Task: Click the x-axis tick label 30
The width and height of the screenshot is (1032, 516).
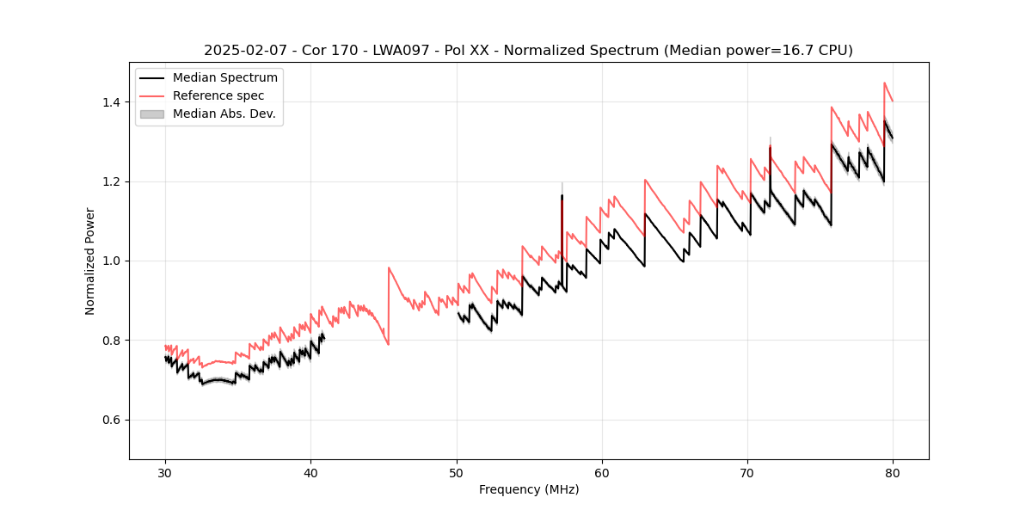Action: (x=165, y=473)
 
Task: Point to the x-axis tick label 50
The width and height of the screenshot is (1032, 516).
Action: (x=457, y=473)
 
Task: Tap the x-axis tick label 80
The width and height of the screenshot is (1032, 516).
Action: (x=893, y=473)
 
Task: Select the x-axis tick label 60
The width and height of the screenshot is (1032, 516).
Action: (x=602, y=473)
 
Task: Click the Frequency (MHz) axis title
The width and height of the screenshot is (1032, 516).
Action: (x=529, y=489)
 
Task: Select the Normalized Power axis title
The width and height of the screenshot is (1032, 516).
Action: (x=89, y=261)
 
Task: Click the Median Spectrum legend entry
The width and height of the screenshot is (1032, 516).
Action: (x=224, y=78)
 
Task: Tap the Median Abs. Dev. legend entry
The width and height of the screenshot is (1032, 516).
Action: (x=224, y=114)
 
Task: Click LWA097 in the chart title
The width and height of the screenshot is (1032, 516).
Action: (x=402, y=51)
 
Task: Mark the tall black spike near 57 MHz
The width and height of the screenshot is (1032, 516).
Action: (x=562, y=197)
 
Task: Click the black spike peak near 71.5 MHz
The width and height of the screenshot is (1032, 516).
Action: (x=770, y=148)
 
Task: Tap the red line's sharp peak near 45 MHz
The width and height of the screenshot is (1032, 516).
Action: (x=389, y=267)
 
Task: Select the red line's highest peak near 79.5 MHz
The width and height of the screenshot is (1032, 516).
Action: (x=884, y=83)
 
